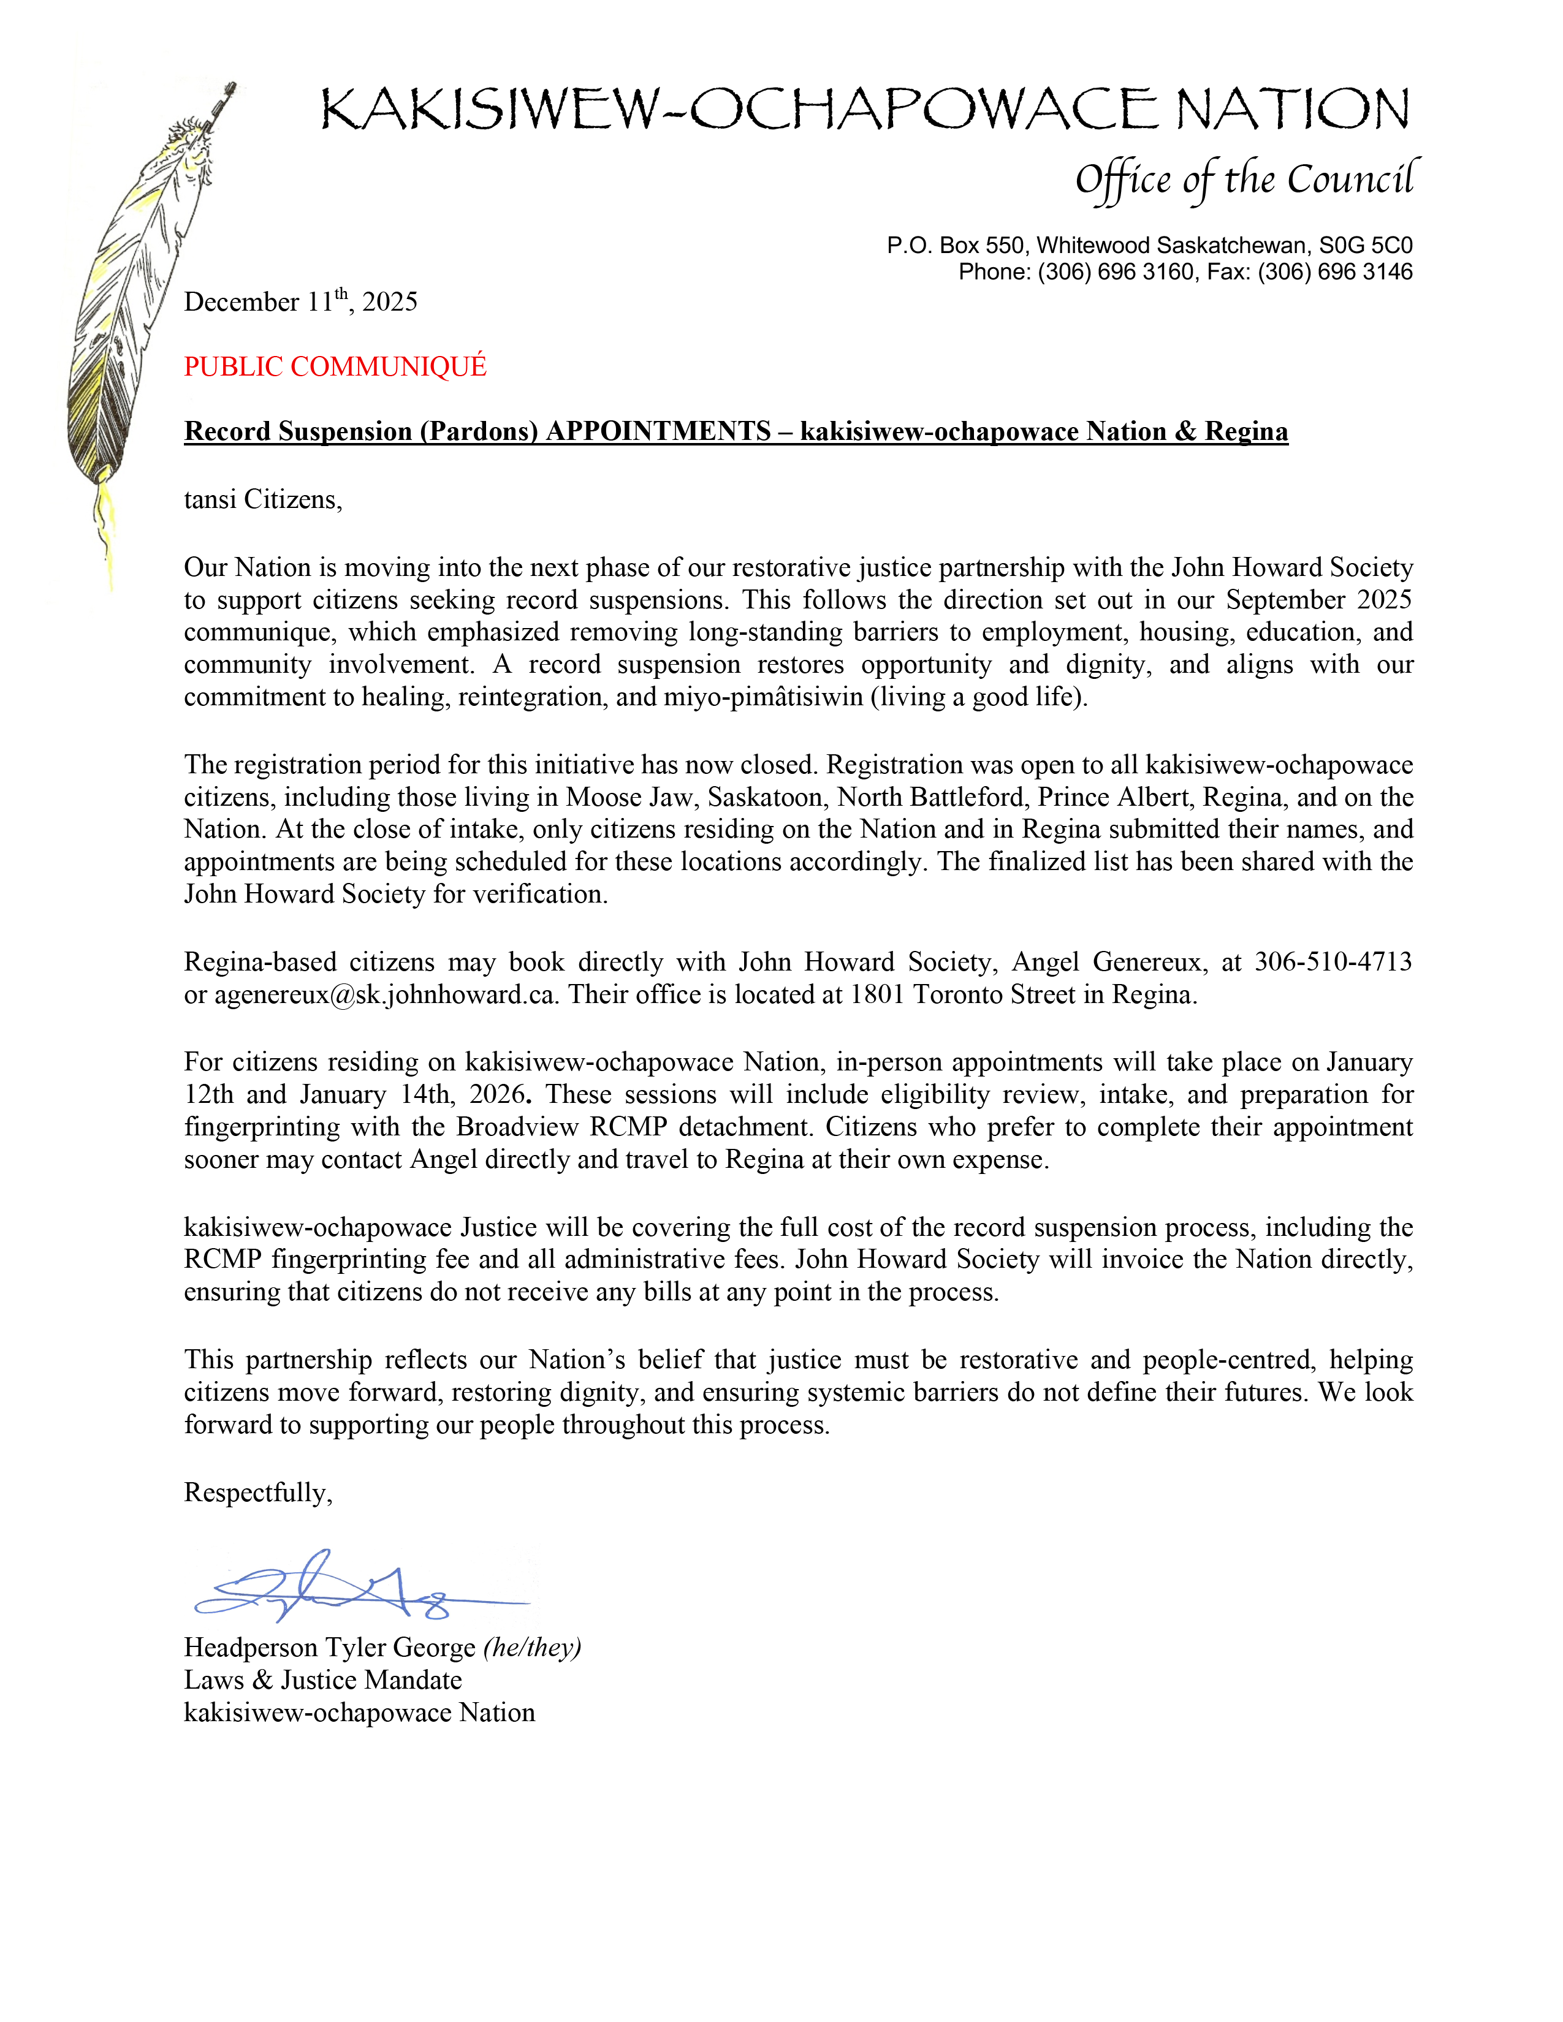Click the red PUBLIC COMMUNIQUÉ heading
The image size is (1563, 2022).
pos(335,366)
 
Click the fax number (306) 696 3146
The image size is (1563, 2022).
pos(1334,272)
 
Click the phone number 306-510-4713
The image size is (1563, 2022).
pos(1333,962)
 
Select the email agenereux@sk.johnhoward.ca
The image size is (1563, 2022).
pos(386,994)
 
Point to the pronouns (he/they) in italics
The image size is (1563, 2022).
pos(533,1648)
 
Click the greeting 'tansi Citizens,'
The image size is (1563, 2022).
pos(263,500)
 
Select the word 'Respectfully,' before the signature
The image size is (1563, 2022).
pos(258,1493)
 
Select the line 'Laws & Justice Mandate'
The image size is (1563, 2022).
pos(322,1680)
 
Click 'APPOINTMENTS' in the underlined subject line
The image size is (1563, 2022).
pos(658,431)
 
